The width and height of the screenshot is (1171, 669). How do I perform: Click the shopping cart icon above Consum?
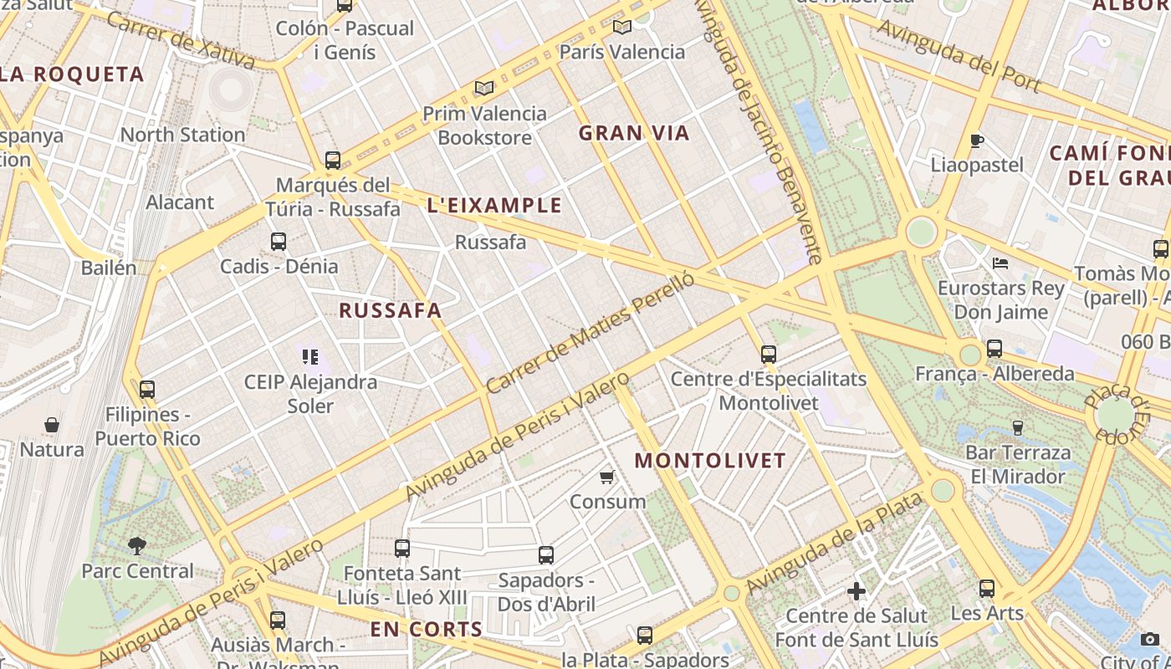click(607, 477)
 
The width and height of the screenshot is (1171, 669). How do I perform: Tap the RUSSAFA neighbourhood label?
click(390, 310)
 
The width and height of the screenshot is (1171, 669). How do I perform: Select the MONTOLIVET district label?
click(710, 461)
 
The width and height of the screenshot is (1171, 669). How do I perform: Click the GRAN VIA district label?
click(634, 133)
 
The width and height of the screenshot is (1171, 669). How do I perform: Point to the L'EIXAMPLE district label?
click(494, 206)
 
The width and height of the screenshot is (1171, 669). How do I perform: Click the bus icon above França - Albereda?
click(994, 349)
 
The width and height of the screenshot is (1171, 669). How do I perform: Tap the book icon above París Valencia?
click(621, 27)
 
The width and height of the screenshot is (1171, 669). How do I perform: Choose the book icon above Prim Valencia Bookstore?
click(484, 88)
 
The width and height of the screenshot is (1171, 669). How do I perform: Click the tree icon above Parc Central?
click(137, 546)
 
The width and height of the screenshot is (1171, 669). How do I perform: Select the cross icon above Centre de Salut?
click(857, 591)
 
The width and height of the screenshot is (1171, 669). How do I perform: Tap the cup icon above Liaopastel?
click(976, 140)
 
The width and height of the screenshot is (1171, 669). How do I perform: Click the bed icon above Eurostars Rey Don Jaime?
click(1000, 263)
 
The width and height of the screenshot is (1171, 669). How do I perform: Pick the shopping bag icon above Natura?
click(52, 425)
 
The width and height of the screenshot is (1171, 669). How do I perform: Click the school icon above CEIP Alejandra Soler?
click(310, 357)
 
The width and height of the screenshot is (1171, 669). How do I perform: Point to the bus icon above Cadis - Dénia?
click(279, 242)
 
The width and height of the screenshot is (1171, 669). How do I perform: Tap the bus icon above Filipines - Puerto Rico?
click(147, 389)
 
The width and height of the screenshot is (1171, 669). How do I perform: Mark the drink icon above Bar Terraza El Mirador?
click(1018, 427)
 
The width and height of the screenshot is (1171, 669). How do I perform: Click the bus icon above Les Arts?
click(987, 588)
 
